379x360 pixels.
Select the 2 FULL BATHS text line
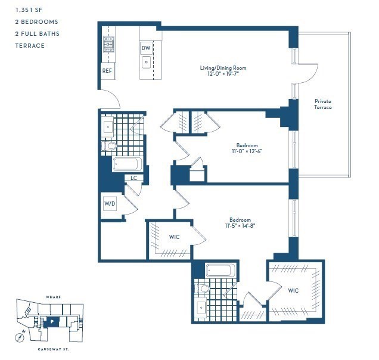(x=38, y=34)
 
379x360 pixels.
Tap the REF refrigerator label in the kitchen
(x=107, y=71)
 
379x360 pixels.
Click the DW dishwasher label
(x=146, y=48)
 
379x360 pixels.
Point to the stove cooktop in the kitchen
(x=108, y=44)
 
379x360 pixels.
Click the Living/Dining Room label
(x=223, y=68)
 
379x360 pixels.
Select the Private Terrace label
(x=323, y=104)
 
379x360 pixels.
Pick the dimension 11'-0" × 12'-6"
(x=247, y=151)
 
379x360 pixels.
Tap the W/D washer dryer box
(x=110, y=204)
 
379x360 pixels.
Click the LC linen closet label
(x=134, y=178)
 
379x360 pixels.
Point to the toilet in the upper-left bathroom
(x=111, y=145)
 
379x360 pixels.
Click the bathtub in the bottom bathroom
(x=220, y=271)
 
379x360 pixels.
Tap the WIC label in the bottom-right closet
(x=293, y=290)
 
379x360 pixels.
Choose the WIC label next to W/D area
(x=174, y=237)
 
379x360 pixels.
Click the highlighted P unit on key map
(x=52, y=321)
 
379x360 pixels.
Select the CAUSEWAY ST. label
(x=53, y=349)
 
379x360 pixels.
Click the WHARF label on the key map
(x=53, y=296)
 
